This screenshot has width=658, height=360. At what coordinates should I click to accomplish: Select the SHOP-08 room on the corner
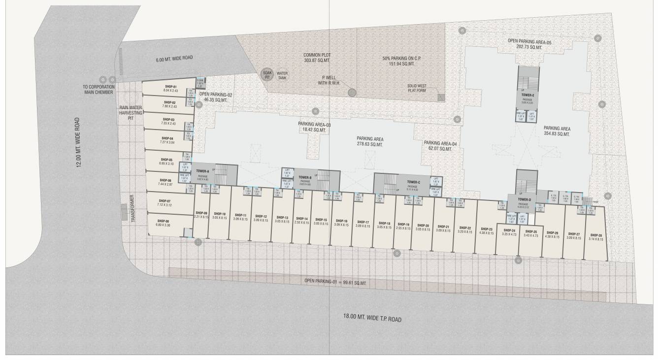click(165, 224)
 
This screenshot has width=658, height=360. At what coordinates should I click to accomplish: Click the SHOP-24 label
click(509, 230)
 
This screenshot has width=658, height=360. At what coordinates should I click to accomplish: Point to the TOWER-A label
click(203, 171)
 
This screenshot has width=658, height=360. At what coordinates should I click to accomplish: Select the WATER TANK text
click(282, 75)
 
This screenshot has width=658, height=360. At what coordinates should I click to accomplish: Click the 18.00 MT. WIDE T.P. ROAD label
click(373, 319)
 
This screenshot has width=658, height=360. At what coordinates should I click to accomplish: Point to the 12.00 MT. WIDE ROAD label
click(78, 142)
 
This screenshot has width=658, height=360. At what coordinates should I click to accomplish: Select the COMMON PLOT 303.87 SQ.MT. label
click(317, 57)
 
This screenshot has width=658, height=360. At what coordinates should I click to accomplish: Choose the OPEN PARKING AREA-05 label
click(529, 44)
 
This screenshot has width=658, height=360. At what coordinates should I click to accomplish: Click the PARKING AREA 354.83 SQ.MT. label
click(557, 131)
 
